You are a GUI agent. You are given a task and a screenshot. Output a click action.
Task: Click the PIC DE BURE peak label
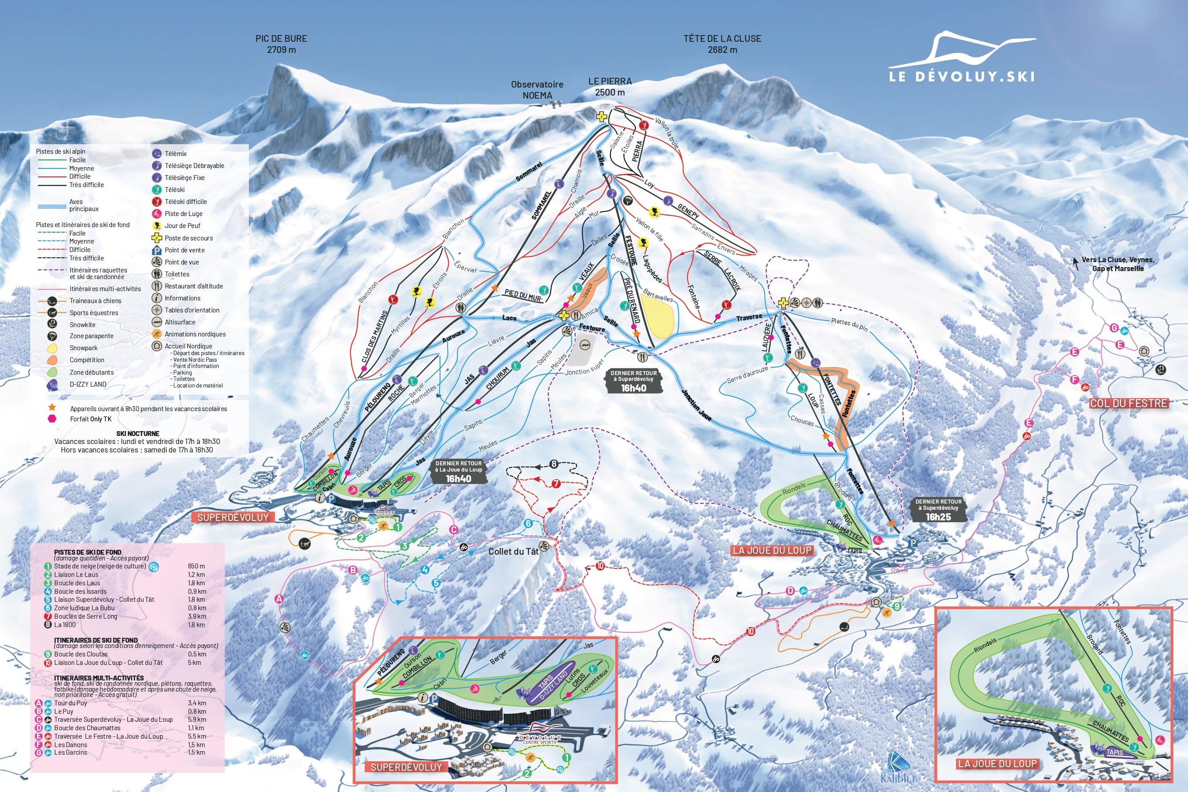(x=281, y=44)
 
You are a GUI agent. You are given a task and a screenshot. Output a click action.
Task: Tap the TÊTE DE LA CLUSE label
(x=722, y=44)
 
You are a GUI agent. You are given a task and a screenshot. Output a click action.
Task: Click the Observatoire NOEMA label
(x=537, y=90)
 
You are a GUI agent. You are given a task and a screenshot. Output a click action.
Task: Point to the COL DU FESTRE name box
(x=1128, y=403)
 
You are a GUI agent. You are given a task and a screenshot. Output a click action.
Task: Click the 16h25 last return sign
(x=938, y=510)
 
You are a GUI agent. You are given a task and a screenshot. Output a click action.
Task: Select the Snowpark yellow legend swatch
(x=52, y=348)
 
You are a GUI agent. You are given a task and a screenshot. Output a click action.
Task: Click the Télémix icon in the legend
(x=156, y=153)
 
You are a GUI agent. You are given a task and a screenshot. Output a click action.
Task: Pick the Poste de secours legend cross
(x=156, y=238)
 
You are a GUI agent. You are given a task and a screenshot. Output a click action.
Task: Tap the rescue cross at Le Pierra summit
(x=601, y=117)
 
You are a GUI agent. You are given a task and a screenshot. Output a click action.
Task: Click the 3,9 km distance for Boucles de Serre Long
(x=196, y=616)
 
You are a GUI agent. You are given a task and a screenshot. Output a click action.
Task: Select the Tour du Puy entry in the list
(x=70, y=703)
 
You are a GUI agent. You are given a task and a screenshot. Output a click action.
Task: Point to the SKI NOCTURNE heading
(x=137, y=433)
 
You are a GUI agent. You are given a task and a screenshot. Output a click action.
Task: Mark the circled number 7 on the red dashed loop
(x=556, y=484)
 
